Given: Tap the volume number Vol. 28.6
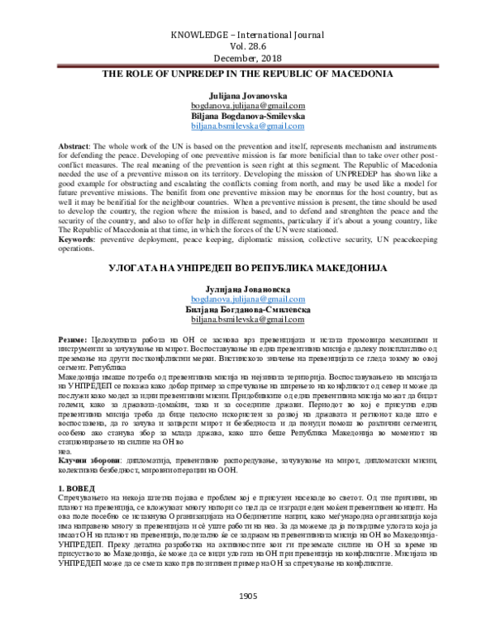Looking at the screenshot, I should click(x=248, y=48).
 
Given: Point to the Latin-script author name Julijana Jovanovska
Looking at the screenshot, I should click(x=248, y=97).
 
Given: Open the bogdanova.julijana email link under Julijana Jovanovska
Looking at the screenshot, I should click(x=248, y=107).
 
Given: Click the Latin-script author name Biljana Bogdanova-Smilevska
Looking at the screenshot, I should click(x=248, y=118).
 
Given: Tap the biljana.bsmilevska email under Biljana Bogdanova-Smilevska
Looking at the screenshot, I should click(x=248, y=128).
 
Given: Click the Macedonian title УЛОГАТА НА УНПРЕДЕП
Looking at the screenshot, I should click(x=248, y=270).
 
